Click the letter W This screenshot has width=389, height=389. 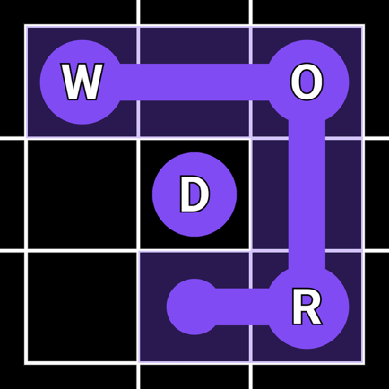pyautogui.click(x=82, y=82)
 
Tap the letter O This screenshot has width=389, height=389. pyautogui.click(x=307, y=82)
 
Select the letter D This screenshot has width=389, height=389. pyautogui.click(x=194, y=194)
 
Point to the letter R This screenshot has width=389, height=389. pyautogui.click(x=307, y=307)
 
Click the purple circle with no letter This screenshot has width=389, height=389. pyautogui.click(x=194, y=307)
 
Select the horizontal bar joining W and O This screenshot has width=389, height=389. pyautogui.click(x=194, y=82)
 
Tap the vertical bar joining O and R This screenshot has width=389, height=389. pyautogui.click(x=307, y=194)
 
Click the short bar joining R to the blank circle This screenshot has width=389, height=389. pyautogui.click(x=242, y=307)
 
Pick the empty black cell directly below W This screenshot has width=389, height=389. pyautogui.click(x=82, y=194)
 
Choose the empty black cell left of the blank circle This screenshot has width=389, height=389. pyautogui.click(x=82, y=307)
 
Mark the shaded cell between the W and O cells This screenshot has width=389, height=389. pyautogui.click(x=194, y=82)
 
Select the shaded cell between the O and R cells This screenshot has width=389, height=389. pyautogui.click(x=307, y=194)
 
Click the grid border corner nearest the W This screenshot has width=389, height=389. pyautogui.click(x=26, y=26)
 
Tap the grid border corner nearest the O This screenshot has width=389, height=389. pyautogui.click(x=363, y=26)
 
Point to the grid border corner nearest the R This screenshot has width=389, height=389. pyautogui.click(x=363, y=363)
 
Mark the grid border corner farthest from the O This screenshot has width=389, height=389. pyautogui.click(x=26, y=363)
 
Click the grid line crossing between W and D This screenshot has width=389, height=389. pyautogui.click(x=139, y=138)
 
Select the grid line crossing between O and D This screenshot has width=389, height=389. pyautogui.click(x=251, y=138)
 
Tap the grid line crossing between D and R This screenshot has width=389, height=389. pyautogui.click(x=251, y=251)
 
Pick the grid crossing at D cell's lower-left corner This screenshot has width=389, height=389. pyautogui.click(x=139, y=251)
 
